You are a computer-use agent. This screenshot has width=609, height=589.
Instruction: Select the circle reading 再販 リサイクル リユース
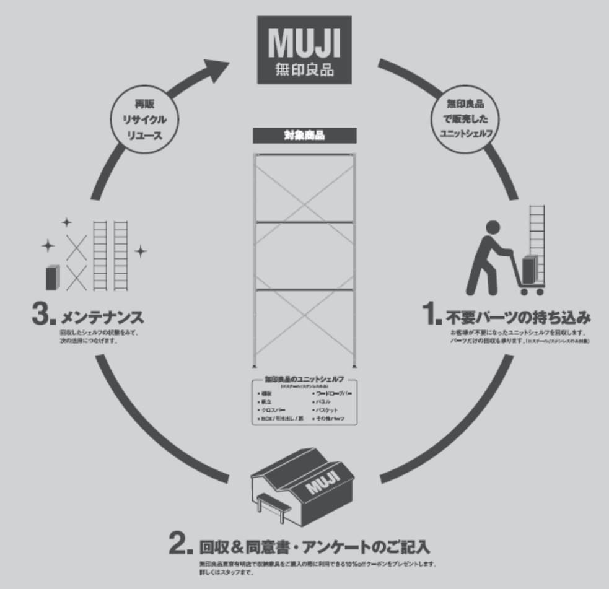(x=143, y=118)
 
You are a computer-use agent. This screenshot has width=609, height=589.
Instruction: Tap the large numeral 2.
(x=182, y=545)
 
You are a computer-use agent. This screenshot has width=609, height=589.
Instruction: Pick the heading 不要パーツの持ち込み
(x=517, y=318)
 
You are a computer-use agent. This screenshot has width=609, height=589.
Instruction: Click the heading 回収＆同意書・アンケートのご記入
(x=315, y=548)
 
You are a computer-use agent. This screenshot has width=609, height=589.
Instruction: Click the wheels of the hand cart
(x=532, y=290)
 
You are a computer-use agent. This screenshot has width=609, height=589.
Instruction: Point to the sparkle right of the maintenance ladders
(x=141, y=251)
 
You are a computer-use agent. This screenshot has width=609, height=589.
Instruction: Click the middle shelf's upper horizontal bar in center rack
(x=304, y=222)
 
